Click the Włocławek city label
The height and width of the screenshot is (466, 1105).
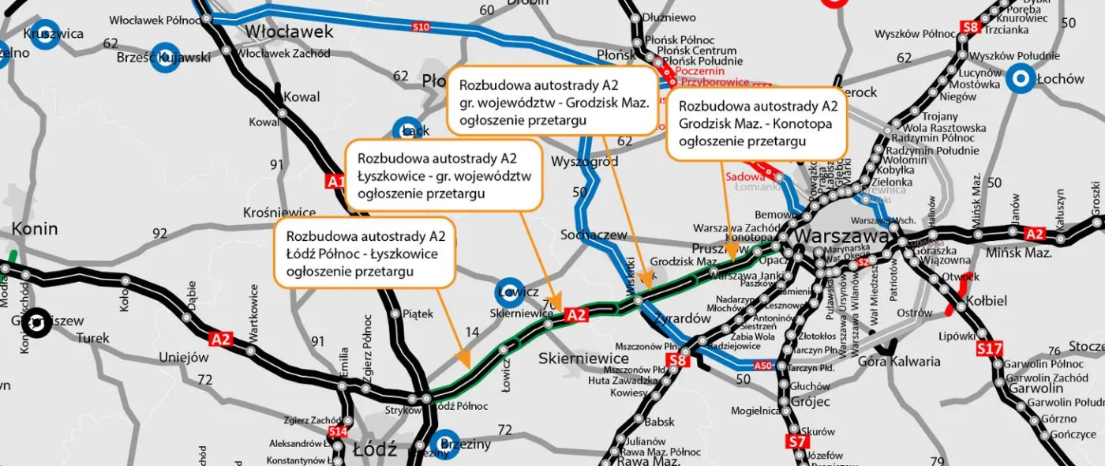[x=290, y=32]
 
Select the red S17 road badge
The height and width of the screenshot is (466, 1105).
[x=990, y=348]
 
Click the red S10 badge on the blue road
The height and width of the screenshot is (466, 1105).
[x=421, y=28]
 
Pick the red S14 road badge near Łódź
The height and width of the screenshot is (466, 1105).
[x=337, y=431]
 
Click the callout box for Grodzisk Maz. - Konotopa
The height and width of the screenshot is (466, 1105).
[x=757, y=124]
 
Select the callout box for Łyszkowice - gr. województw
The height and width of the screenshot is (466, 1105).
[x=444, y=175]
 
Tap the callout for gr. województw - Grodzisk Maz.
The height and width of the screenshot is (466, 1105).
[x=552, y=100]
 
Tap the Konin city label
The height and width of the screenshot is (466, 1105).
[x=35, y=229]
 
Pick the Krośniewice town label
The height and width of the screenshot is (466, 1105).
[x=279, y=213]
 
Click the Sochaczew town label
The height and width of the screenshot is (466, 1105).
[x=593, y=235]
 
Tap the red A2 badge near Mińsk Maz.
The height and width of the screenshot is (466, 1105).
[x=1034, y=234]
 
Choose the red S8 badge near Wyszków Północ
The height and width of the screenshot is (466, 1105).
[x=973, y=28]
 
